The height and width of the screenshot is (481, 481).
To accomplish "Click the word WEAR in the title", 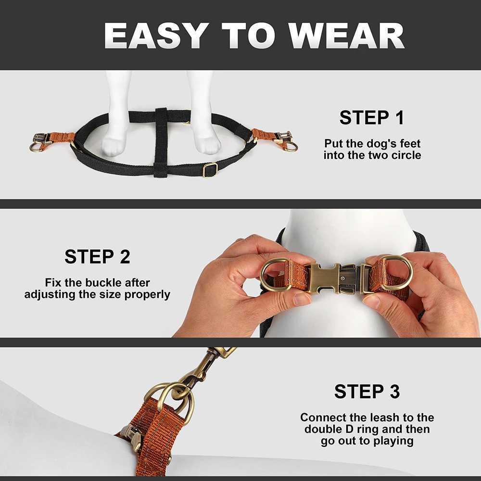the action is (347, 36).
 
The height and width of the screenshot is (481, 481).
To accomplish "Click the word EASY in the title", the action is (154, 36).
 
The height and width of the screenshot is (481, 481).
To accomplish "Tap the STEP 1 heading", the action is (372, 117).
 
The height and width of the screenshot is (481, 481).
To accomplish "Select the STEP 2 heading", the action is (97, 256).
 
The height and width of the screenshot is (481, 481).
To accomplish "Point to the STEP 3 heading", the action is (367, 392).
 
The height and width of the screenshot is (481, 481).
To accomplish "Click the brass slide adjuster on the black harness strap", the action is (210, 170).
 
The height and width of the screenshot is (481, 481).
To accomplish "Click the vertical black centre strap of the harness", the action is (161, 142).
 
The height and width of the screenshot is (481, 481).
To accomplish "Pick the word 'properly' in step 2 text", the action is (147, 294).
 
